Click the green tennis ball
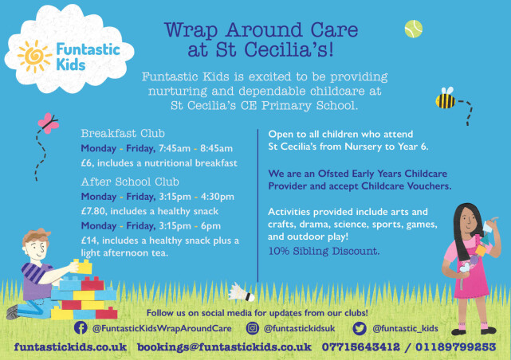point(414,29)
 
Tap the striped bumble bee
point(445,98)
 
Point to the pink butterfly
point(49,123)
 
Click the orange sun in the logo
point(34,56)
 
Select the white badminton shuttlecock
point(241,292)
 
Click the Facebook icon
point(81,328)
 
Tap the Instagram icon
point(252,328)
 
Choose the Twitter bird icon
point(360,328)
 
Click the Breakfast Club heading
point(123,134)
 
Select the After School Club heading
point(130,182)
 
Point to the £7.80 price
point(93,211)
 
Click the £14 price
point(89,241)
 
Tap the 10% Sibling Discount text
point(324,252)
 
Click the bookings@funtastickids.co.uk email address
point(224,347)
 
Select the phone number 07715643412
point(361,347)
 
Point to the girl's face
point(468,221)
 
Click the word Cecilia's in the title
point(289,50)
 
